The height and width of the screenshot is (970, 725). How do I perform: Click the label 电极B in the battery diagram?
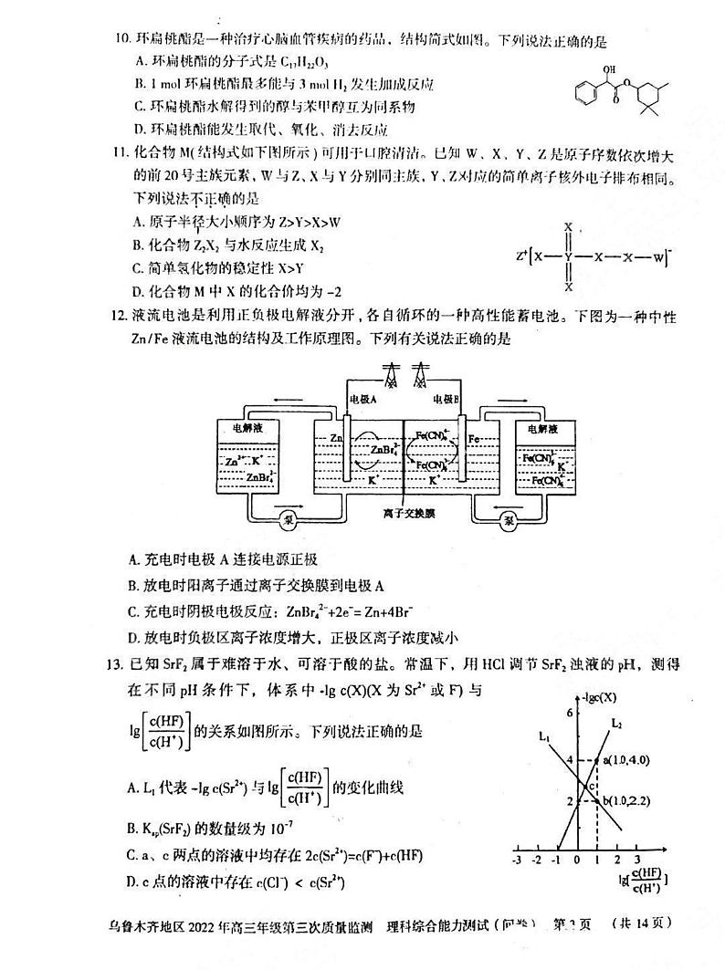(447, 399)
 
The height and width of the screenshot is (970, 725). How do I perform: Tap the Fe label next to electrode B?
(474, 439)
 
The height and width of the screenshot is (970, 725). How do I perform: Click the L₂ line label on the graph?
(617, 724)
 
